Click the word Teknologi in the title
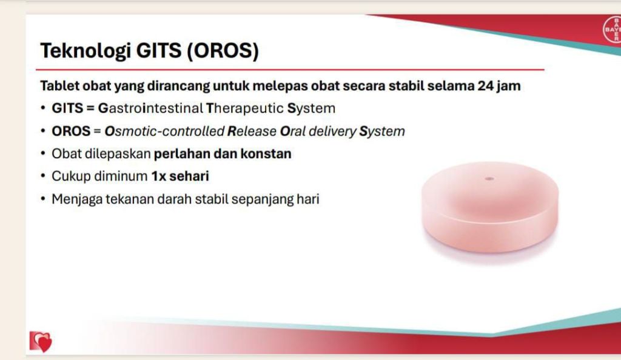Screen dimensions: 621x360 pos(86,51)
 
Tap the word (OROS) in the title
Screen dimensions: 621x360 pos(223,51)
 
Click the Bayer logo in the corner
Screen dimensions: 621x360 pos(613,29)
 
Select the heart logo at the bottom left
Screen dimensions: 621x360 pos(41,341)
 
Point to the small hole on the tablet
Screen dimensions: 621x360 pos(489,179)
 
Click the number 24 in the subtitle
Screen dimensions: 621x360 pos(486,85)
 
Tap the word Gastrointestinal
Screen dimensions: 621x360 pos(150,108)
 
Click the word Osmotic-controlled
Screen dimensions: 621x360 pos(164,131)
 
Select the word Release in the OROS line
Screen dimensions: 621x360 pos(252,131)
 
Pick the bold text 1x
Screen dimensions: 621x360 pos(159,176)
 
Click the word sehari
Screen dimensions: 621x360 pos(189,176)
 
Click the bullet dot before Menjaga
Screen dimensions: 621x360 pos(43,199)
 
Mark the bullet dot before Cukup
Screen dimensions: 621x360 pos(43,176)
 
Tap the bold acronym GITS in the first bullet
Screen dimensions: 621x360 pos(67,108)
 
